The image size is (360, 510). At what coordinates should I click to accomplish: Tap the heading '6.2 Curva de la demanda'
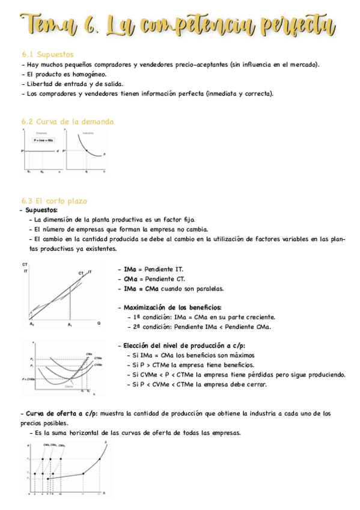(67, 121)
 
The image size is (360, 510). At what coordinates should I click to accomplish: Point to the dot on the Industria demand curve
(86, 150)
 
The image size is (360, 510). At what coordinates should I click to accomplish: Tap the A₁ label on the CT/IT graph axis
(70, 325)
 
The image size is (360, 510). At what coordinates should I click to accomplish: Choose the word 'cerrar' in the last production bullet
(257, 384)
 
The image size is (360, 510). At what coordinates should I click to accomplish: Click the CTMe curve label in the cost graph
(97, 359)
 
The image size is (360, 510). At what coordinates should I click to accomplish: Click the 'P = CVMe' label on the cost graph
(28, 379)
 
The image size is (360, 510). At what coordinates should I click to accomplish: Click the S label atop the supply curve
(106, 443)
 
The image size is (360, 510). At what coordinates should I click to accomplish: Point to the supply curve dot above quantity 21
(99, 460)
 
